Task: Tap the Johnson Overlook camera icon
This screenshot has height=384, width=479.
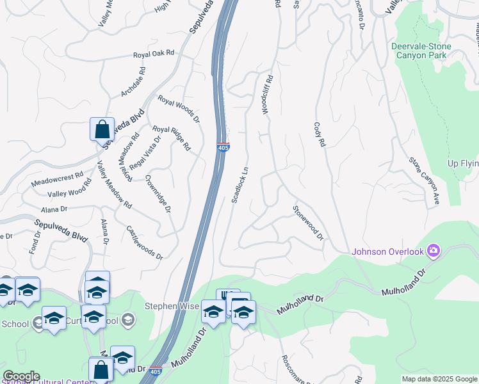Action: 434,250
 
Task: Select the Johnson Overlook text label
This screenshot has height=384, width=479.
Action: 387,252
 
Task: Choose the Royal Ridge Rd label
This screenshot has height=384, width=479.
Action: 171,138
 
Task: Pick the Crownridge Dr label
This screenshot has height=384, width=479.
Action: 158,194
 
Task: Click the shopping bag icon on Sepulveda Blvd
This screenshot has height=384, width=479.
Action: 102,129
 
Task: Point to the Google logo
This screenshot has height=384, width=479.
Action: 21,376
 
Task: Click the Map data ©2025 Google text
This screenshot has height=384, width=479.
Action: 439,379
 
